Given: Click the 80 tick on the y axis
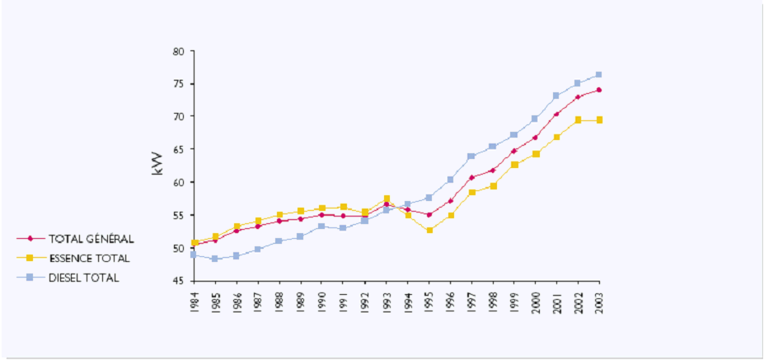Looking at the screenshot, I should (x=177, y=51).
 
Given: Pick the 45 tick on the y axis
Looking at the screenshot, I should (x=177, y=281).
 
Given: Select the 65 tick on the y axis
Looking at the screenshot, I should (x=177, y=150).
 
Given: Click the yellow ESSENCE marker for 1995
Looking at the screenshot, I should (x=429, y=230).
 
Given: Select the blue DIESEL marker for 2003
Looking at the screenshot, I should (x=598, y=75).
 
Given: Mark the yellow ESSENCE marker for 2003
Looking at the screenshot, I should (x=598, y=120).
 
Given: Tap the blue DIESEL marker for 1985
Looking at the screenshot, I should (x=214, y=259).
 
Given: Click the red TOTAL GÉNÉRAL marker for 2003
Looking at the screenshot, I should (x=598, y=90).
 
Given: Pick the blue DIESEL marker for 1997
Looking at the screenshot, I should (x=471, y=157).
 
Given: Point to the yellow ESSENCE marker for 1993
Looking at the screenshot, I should (x=386, y=199).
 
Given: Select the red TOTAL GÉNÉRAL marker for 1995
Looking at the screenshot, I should (x=429, y=215).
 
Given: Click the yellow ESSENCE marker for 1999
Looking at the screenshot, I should (x=513, y=165).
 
